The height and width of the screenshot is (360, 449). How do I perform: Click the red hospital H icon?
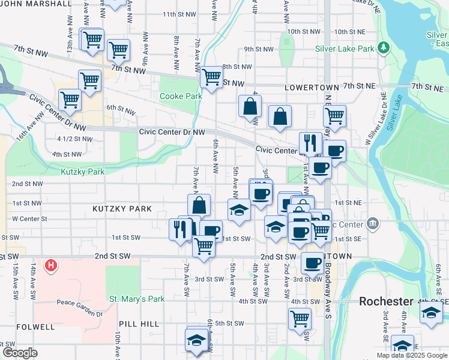click(52, 265)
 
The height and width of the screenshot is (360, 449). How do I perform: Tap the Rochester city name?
click(386, 301)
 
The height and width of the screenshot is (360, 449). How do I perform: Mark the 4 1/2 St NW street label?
click(74, 139)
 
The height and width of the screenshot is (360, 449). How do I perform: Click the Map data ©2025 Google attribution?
click(411, 355)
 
